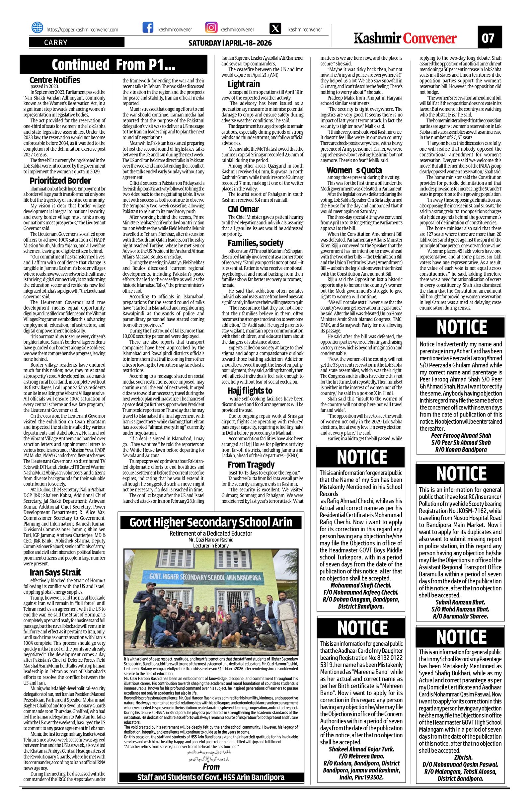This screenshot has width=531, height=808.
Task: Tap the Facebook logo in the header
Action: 147,28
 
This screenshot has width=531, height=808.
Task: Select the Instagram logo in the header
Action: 211,28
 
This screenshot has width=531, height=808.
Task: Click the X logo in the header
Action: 275,29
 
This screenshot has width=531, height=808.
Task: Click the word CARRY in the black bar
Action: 56,43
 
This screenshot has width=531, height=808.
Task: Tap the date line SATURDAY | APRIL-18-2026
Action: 230,43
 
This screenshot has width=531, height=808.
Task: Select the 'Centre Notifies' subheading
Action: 55,80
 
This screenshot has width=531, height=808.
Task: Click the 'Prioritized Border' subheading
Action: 60,181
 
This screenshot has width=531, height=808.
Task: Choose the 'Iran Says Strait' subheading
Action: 55,572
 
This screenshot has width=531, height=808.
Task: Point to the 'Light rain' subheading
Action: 244,84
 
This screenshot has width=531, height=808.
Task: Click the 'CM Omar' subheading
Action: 243,209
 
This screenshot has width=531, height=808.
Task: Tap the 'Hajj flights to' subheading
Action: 250,391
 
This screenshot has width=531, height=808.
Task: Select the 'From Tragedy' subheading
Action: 251,465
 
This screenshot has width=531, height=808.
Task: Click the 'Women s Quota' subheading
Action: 354,170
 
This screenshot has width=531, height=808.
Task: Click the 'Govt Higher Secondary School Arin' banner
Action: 211,522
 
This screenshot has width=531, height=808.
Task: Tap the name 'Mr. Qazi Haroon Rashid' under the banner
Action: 211,540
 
